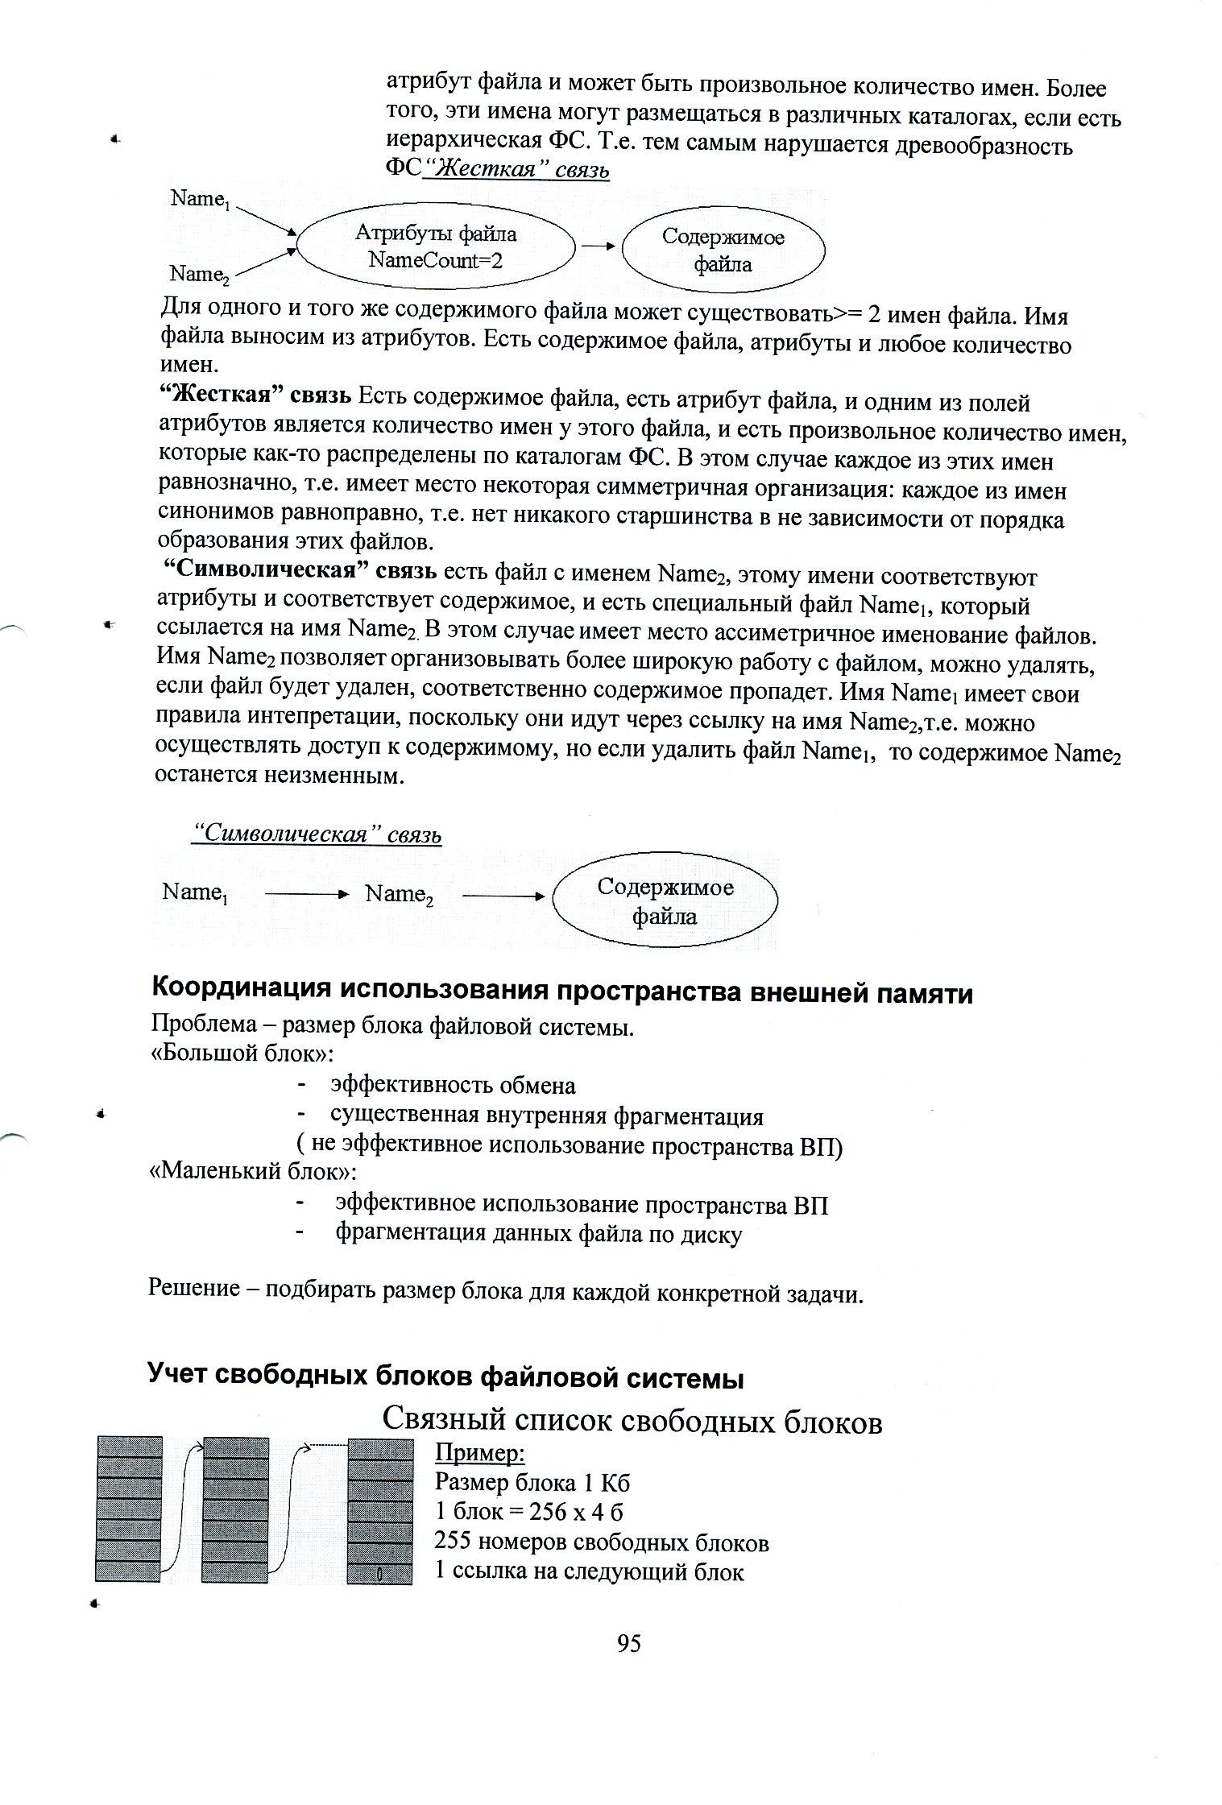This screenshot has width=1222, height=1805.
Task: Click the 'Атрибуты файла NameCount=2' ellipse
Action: coord(436,246)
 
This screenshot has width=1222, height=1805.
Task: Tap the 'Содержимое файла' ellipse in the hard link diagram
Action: coord(723,250)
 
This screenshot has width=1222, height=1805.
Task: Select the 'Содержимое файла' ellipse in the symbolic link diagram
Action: coord(665,902)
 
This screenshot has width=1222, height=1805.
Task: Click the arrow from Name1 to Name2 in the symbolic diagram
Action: coord(306,894)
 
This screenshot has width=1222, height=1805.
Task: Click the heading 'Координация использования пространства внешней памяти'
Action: coord(562,992)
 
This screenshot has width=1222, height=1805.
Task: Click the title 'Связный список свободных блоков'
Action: coord(632,1422)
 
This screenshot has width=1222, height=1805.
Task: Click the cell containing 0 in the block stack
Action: coord(379,1572)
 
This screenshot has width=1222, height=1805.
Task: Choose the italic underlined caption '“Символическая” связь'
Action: coord(317,834)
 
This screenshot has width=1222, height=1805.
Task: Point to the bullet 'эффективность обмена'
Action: coord(453,1086)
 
